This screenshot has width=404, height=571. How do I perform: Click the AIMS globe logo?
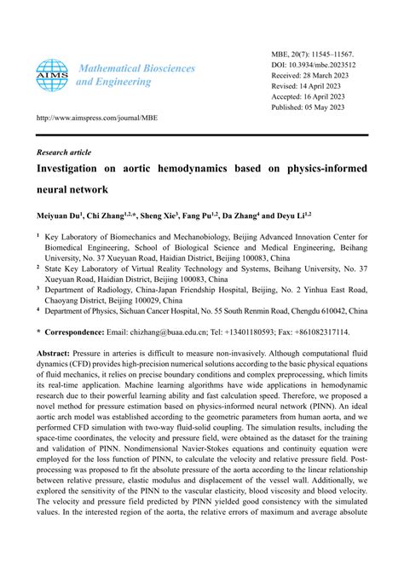click(52, 74)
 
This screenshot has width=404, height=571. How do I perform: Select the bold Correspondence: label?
click(83, 332)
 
